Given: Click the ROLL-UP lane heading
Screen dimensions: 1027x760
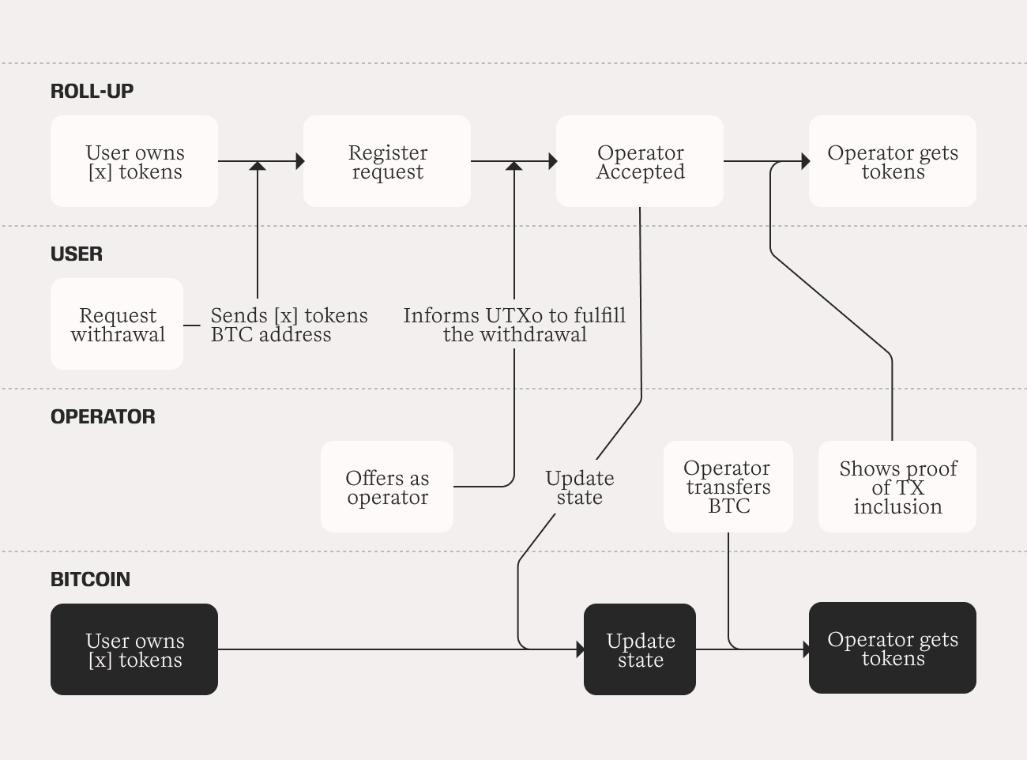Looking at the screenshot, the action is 92,91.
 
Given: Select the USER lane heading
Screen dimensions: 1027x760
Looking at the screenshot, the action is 77,254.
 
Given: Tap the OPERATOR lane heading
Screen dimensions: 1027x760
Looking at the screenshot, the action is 103,417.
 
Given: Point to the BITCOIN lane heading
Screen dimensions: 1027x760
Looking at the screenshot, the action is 90,579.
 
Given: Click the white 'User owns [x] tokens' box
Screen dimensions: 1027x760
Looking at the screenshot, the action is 134,161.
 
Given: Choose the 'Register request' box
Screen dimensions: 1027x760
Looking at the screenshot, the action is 387,161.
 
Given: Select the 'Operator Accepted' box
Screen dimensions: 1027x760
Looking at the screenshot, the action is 640,161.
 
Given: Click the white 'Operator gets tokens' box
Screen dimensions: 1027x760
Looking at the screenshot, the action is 893,161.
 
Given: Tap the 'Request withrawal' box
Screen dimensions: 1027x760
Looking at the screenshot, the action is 117,324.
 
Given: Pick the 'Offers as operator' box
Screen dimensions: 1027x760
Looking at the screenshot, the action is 387,487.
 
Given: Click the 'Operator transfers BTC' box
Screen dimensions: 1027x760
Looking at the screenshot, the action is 728,487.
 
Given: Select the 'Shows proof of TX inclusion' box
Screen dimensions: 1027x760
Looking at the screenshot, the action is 897,487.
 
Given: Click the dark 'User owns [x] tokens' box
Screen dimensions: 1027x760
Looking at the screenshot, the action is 134,649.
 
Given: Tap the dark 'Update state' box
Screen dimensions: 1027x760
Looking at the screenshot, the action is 640,649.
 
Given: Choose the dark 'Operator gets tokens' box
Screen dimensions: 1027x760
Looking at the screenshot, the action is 893,648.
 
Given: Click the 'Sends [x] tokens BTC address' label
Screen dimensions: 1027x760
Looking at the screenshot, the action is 289,325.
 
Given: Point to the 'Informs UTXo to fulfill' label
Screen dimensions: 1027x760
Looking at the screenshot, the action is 514,316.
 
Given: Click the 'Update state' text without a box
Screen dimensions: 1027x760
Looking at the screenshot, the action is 580,487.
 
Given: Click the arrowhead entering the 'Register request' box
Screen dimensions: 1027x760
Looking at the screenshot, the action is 300,161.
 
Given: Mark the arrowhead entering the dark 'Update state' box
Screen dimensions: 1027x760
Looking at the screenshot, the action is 581,649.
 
